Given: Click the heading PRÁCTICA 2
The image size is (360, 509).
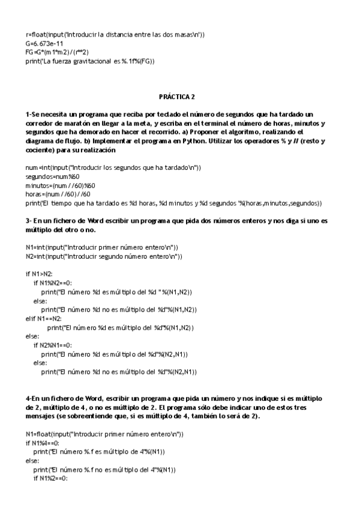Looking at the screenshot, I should [x=177, y=96].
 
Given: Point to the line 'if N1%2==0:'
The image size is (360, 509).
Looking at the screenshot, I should [x=50, y=478].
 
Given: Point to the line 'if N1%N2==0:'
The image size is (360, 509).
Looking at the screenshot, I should [x=53, y=283].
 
